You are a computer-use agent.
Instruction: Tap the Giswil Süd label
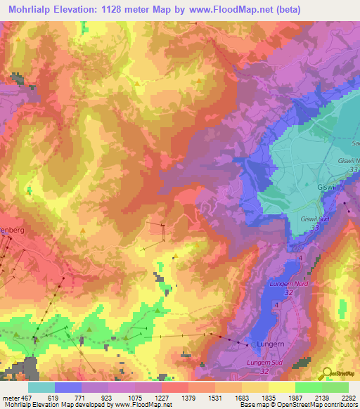tap(314, 219)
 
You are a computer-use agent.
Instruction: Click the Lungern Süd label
tap(263, 362)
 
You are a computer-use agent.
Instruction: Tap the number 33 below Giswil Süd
tap(315, 228)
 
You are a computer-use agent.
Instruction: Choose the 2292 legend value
tap(348, 398)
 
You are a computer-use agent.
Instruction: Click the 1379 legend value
tap(188, 398)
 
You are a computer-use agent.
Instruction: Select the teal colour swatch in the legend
tap(41, 387)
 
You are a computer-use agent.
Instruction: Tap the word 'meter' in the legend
tap(10, 398)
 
